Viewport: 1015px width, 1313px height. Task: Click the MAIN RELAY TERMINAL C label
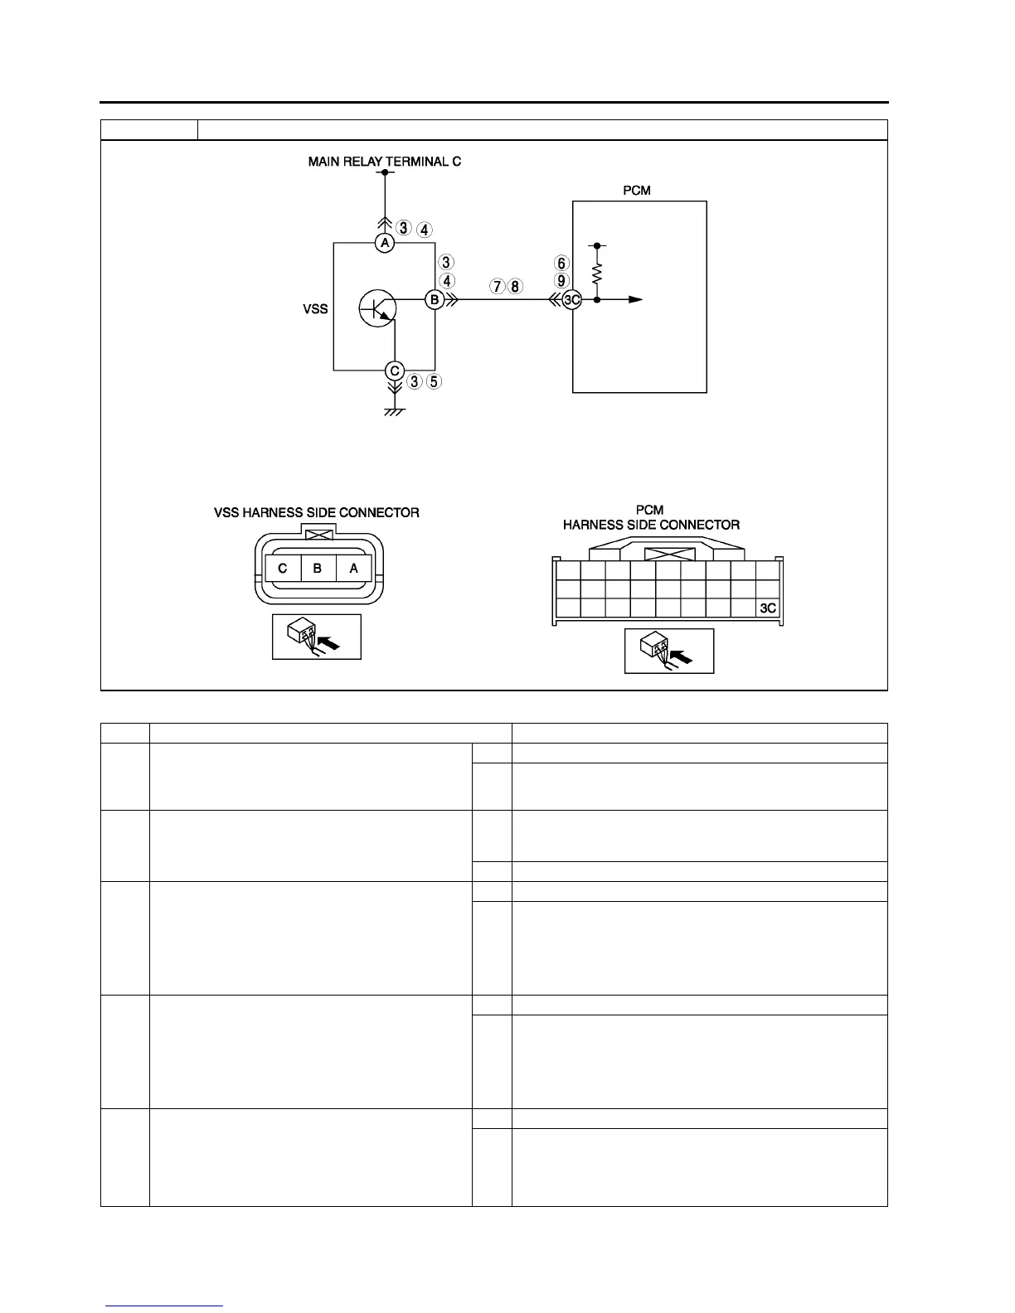(384, 162)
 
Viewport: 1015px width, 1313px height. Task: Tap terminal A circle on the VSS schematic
(384, 243)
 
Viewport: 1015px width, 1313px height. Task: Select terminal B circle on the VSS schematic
(435, 300)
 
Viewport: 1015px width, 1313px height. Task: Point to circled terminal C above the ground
(395, 371)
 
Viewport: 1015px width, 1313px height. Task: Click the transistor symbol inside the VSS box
(378, 309)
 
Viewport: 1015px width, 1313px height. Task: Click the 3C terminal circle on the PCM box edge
(571, 300)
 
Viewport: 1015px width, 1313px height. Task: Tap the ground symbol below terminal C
(395, 411)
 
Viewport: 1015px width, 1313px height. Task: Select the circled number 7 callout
(497, 287)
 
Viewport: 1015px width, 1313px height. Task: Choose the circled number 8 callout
(515, 287)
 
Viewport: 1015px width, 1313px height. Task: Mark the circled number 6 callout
(562, 264)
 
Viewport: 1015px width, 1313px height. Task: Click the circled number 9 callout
(562, 281)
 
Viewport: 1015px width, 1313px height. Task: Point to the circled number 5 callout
(434, 382)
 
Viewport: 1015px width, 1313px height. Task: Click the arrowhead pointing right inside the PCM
(635, 300)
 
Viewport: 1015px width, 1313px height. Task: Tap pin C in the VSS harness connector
(283, 569)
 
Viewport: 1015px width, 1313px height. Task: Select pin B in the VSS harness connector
(318, 569)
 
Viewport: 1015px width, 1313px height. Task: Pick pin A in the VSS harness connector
(354, 569)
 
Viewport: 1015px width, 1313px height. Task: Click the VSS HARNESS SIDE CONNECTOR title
(317, 513)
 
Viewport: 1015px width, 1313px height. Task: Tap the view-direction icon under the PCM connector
(668, 651)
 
